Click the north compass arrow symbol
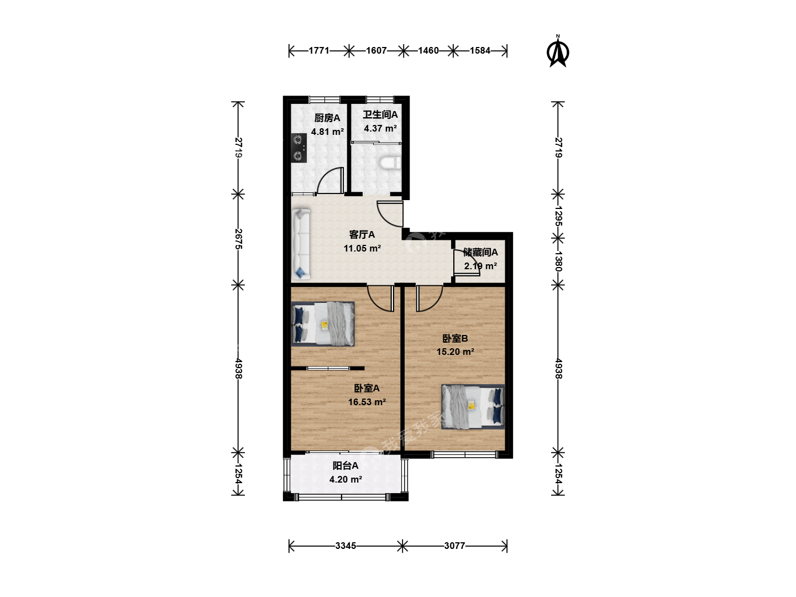click(x=558, y=53)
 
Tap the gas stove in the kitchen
click(x=299, y=148)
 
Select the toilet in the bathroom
click(x=390, y=163)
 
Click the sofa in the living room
click(x=301, y=244)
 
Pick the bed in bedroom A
click(x=323, y=324)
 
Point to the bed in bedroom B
click(x=473, y=407)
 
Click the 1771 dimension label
click(x=319, y=50)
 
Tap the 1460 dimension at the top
click(x=428, y=50)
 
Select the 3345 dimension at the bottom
click(x=345, y=546)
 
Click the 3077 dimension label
click(x=454, y=546)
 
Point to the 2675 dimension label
click(x=238, y=239)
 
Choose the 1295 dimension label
click(x=558, y=216)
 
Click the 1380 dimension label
click(x=558, y=261)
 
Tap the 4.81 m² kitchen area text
click(x=327, y=132)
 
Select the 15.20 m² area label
click(x=455, y=352)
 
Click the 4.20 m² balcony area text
click(x=345, y=480)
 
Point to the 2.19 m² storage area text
click(x=480, y=266)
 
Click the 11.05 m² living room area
click(x=362, y=248)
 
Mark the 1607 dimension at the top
click(x=376, y=50)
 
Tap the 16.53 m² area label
click(x=367, y=402)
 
